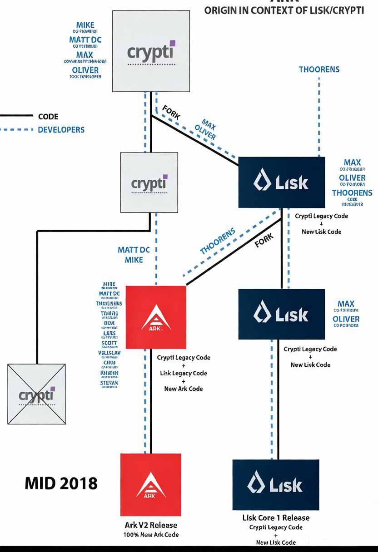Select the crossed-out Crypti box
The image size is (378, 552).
[36, 394]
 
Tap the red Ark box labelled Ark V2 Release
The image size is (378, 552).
[151, 484]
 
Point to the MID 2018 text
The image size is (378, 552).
[61, 483]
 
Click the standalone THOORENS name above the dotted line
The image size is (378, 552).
[319, 69]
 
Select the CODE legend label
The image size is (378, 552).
[48, 117]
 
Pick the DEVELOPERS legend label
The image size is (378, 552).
[61, 130]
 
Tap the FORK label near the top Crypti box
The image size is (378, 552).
[171, 113]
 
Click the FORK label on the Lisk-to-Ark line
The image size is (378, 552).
[264, 240]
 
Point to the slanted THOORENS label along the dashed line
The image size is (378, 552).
[218, 241]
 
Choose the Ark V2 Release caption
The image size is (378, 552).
[151, 525]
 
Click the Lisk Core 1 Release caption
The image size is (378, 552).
[276, 518]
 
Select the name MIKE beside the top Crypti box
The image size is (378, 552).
[85, 25]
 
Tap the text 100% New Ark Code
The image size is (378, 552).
[151, 535]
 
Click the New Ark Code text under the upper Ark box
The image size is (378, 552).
[184, 389]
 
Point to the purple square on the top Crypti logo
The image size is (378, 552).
[172, 44]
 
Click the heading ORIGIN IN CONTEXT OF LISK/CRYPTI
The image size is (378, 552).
[284, 10]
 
